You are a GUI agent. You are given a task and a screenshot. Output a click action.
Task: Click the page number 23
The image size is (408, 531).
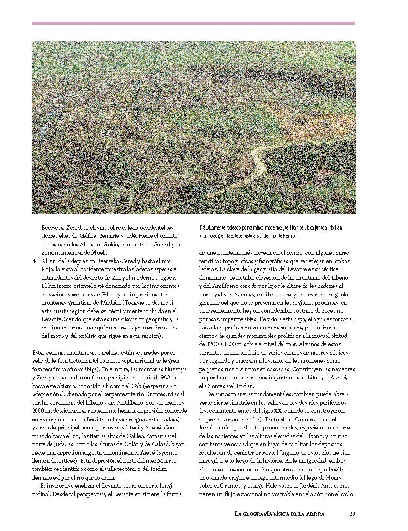click(352, 513)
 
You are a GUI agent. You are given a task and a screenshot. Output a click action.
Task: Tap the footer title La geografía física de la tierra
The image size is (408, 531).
click(280, 513)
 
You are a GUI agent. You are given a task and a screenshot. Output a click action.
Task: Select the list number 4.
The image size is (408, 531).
click(35, 261)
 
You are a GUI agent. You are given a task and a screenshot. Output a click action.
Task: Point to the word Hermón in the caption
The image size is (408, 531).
click(290, 235)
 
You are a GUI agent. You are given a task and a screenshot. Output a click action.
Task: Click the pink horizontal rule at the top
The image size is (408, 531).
click(193, 23)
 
